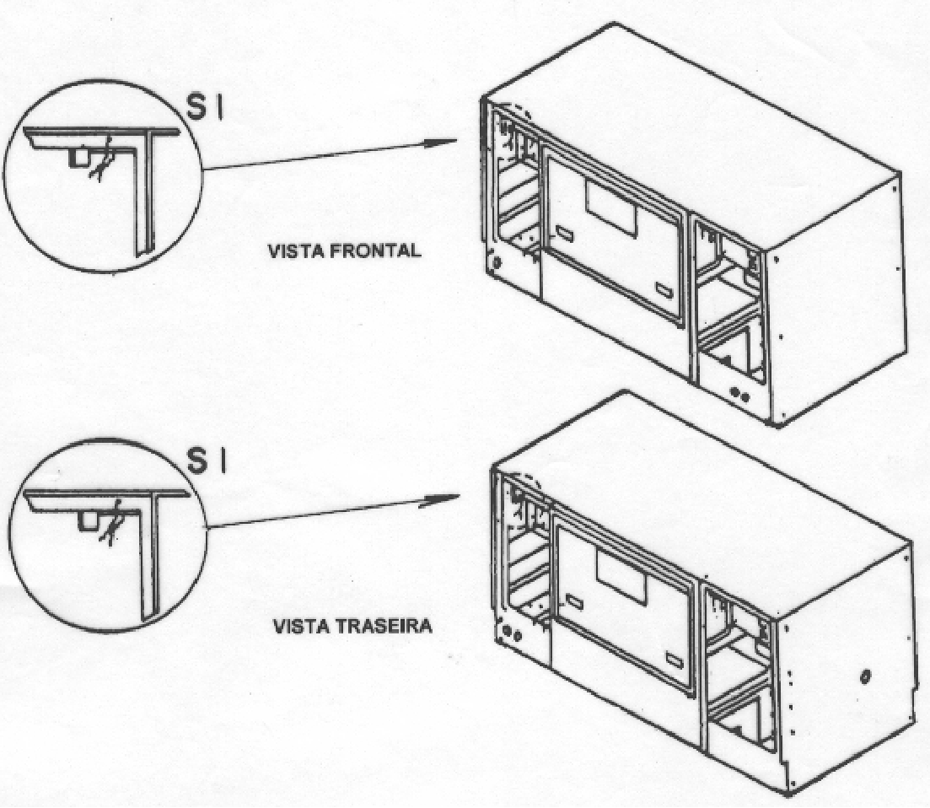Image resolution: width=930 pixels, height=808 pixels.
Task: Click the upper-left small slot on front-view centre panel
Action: coord(566,234)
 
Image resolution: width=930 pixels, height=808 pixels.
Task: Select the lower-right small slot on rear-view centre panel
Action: coord(675,659)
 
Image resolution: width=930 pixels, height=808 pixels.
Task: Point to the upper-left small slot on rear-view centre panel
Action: coord(574,602)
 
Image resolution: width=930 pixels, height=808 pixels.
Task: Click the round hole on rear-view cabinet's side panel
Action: coord(865,676)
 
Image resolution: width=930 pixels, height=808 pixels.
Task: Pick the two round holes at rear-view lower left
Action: coord(511,633)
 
